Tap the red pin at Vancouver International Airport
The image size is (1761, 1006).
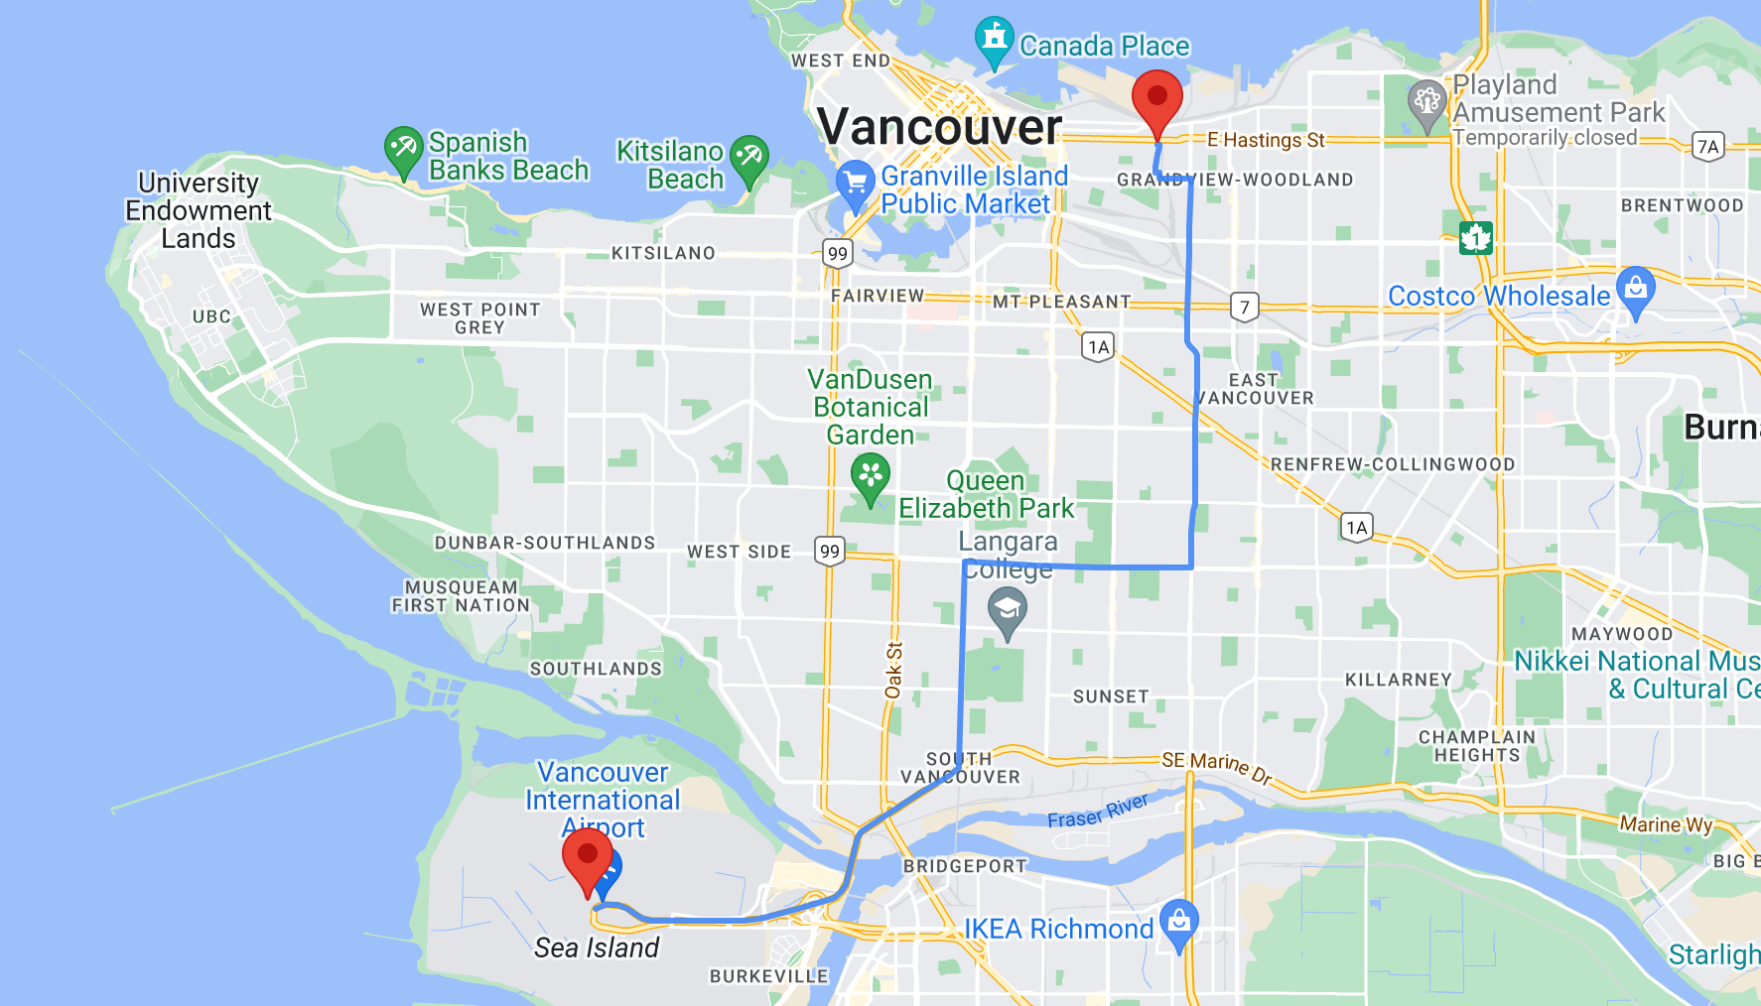pos(587,856)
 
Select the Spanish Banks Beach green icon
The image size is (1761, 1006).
pos(403,149)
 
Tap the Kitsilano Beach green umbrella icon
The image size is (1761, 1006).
pos(749,158)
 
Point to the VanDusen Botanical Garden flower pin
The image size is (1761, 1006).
pos(871,475)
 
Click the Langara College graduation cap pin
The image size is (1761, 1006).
pos(1008,608)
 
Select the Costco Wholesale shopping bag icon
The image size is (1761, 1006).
pos(1636,290)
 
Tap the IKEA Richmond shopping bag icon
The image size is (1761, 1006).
pos(1179,923)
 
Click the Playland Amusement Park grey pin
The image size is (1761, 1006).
pos(1426,102)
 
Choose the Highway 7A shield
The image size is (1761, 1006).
pos(1707,147)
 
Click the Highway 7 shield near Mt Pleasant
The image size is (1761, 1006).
pos(1245,308)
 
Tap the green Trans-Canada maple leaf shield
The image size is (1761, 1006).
pos(1475,238)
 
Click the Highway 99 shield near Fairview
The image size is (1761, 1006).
pos(838,253)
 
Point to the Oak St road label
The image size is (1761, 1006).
pos(893,670)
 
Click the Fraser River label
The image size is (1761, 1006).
pos(1097,812)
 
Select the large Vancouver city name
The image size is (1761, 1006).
pos(939,127)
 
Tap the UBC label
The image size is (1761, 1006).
pos(211,316)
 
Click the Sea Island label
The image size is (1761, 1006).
pos(597,947)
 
